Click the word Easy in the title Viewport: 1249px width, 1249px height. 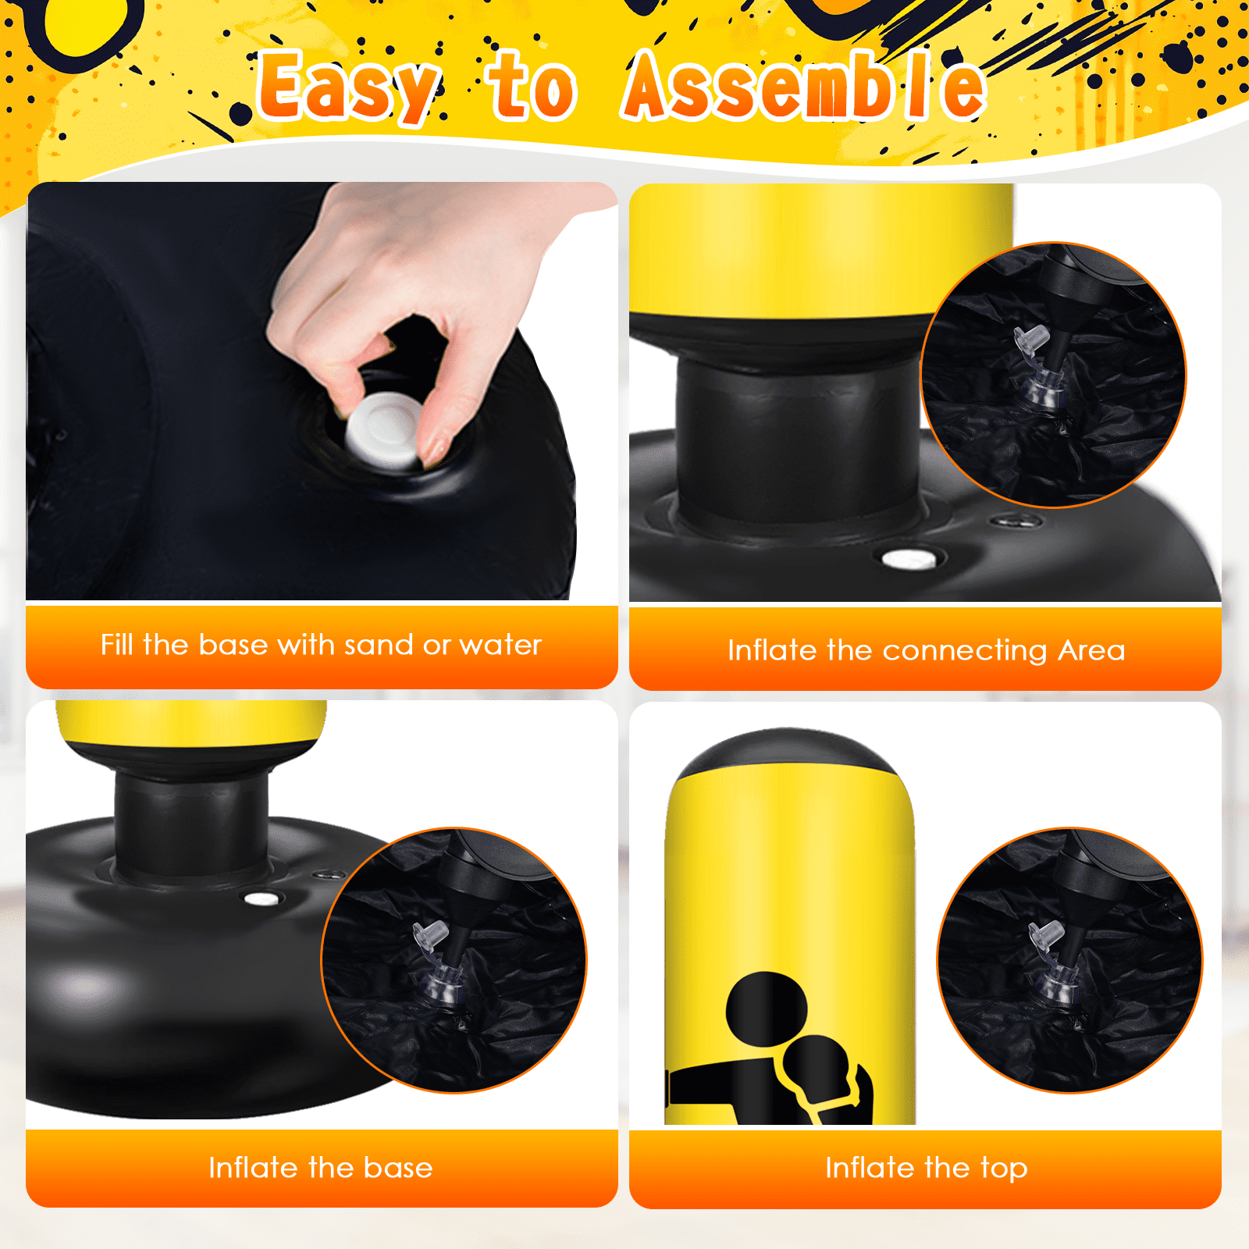click(349, 87)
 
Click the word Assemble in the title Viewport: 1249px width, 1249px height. click(804, 86)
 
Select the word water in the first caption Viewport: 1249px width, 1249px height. click(500, 646)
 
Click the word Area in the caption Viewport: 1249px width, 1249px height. click(1091, 650)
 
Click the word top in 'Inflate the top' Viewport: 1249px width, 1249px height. click(1004, 1169)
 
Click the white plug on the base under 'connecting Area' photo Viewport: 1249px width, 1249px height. click(909, 559)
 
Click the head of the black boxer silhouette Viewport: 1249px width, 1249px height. click(767, 1008)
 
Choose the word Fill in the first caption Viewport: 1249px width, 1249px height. click(117, 645)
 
